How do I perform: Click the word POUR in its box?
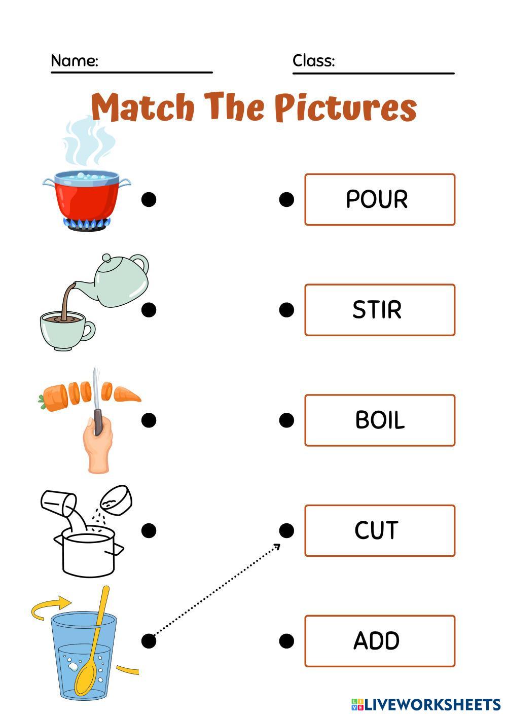click(x=377, y=199)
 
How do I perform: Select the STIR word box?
click(x=377, y=310)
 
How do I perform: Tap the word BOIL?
click(x=380, y=420)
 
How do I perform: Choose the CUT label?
click(x=377, y=530)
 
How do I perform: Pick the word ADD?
click(x=377, y=641)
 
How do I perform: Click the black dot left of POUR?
click(x=286, y=199)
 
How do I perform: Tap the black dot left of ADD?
click(x=286, y=641)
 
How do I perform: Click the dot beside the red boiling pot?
click(x=149, y=199)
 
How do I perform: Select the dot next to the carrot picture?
click(x=149, y=420)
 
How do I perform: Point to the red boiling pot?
click(x=86, y=198)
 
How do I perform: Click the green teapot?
click(x=122, y=281)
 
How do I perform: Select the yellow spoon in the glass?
click(x=94, y=649)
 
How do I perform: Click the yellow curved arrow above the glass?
click(x=51, y=606)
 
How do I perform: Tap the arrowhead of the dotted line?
click(x=277, y=546)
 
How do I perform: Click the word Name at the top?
click(x=74, y=61)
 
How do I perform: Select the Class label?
click(x=313, y=61)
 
